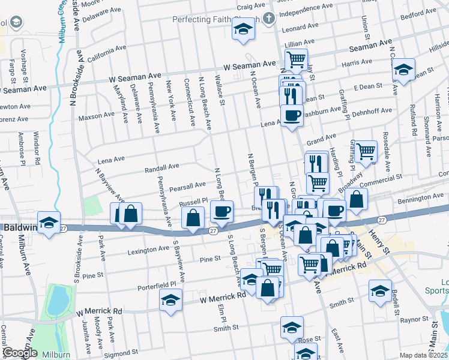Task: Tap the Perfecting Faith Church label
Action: pyautogui.click(x=216, y=20)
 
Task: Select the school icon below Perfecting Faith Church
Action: pyautogui.click(x=243, y=29)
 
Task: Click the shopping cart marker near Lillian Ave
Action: pyautogui.click(x=296, y=59)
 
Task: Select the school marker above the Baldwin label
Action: pyautogui.click(x=49, y=221)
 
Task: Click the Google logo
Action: pyautogui.click(x=20, y=353)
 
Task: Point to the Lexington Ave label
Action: pyautogui.click(x=148, y=250)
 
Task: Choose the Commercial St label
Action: pyautogui.click(x=381, y=179)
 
